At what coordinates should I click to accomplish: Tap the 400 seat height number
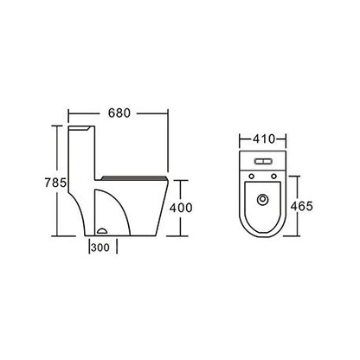point(180,208)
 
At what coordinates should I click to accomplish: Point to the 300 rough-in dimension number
point(101,247)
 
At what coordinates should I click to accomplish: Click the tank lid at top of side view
point(80,125)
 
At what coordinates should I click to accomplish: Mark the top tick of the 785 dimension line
point(58,125)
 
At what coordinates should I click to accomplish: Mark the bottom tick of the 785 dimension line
point(58,235)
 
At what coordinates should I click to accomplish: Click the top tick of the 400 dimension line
point(180,179)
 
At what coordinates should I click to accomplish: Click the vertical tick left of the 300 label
point(88,247)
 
